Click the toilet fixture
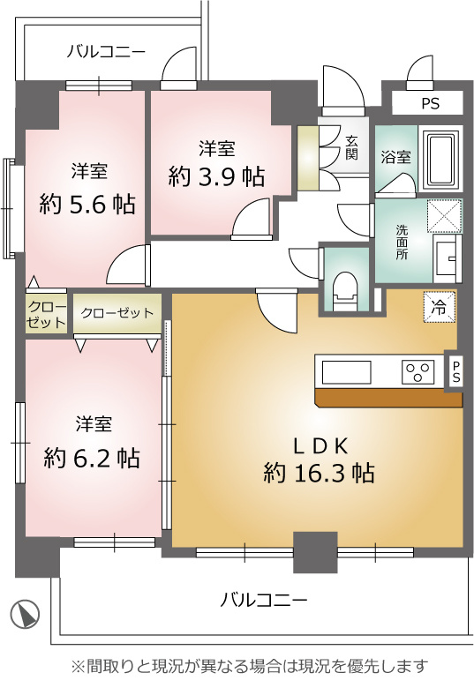pyautogui.click(x=346, y=291)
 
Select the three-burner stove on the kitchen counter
pyautogui.click(x=418, y=372)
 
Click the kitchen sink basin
pyautogui.click(x=346, y=372)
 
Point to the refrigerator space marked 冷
pyautogui.click(x=440, y=307)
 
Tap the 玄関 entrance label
pyautogui.click(x=351, y=147)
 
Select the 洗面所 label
pyautogui.click(x=402, y=242)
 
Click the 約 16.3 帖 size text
pyautogui.click(x=319, y=473)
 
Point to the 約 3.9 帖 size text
pyautogui.click(x=216, y=176)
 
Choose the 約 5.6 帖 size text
pyautogui.click(x=87, y=204)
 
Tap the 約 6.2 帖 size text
pyautogui.click(x=92, y=457)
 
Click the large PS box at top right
pyautogui.click(x=427, y=103)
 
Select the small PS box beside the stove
pyautogui.click(x=456, y=371)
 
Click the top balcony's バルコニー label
pyautogui.click(x=106, y=52)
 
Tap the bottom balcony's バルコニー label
pyautogui.click(x=263, y=601)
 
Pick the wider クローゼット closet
pyautogui.click(x=117, y=313)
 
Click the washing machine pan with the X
pyautogui.click(x=442, y=215)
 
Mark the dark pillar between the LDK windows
pyautogui.click(x=315, y=552)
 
